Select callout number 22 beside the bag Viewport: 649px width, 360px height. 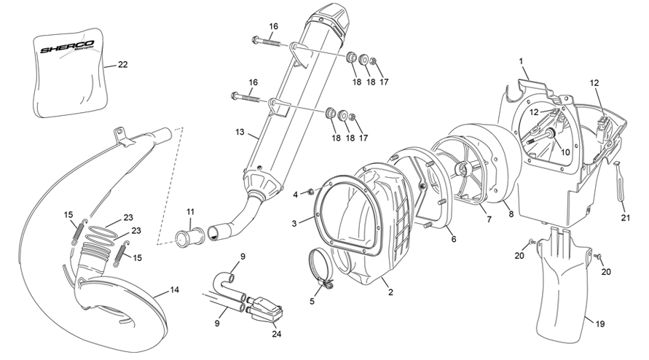point(122,65)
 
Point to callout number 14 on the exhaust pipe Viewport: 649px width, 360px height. point(174,290)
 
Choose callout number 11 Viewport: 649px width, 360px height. point(190,212)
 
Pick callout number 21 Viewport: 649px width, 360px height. point(624,217)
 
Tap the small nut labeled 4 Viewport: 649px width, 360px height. point(309,193)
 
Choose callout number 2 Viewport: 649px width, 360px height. point(391,292)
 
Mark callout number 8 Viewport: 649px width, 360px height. point(511,214)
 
